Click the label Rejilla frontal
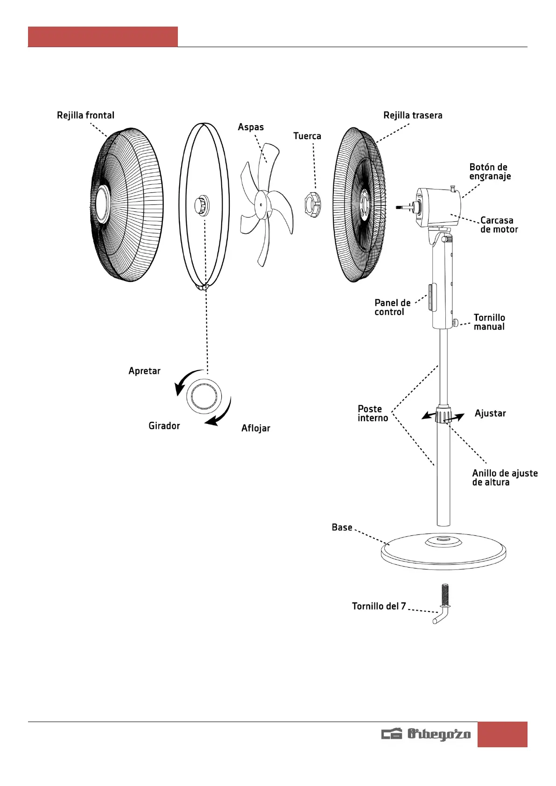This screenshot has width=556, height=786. pos(85,115)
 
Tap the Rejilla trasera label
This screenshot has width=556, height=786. pos(413,115)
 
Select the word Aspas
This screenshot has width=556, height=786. pos(251,127)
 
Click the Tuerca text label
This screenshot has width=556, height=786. pos(307,136)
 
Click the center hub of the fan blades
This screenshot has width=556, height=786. pos(261,204)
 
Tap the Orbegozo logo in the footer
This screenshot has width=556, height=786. pos(426,734)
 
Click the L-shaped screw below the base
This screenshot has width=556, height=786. pos(442,604)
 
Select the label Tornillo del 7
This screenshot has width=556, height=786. pos(379,606)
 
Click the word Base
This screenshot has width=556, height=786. pos(342,527)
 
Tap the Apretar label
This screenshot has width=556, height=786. pos(144,371)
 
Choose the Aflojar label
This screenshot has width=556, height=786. pos(255,428)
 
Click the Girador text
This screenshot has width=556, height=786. pos(164,426)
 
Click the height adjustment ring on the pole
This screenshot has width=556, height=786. pos(443,415)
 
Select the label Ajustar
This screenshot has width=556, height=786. pos(490,414)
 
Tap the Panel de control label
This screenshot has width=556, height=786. pos(393,308)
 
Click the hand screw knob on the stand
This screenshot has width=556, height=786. pos(456,323)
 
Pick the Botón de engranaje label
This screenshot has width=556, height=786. pos(490,172)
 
